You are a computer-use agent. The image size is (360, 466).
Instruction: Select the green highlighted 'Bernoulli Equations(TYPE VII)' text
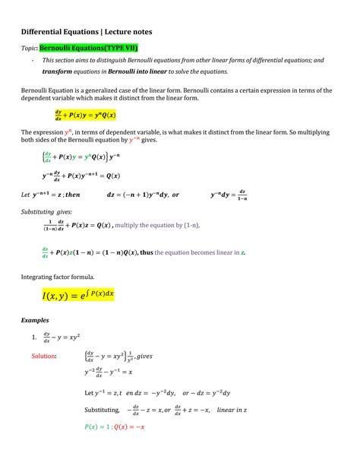tap(92, 47)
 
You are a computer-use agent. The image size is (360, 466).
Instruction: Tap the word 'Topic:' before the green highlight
tap(29, 47)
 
